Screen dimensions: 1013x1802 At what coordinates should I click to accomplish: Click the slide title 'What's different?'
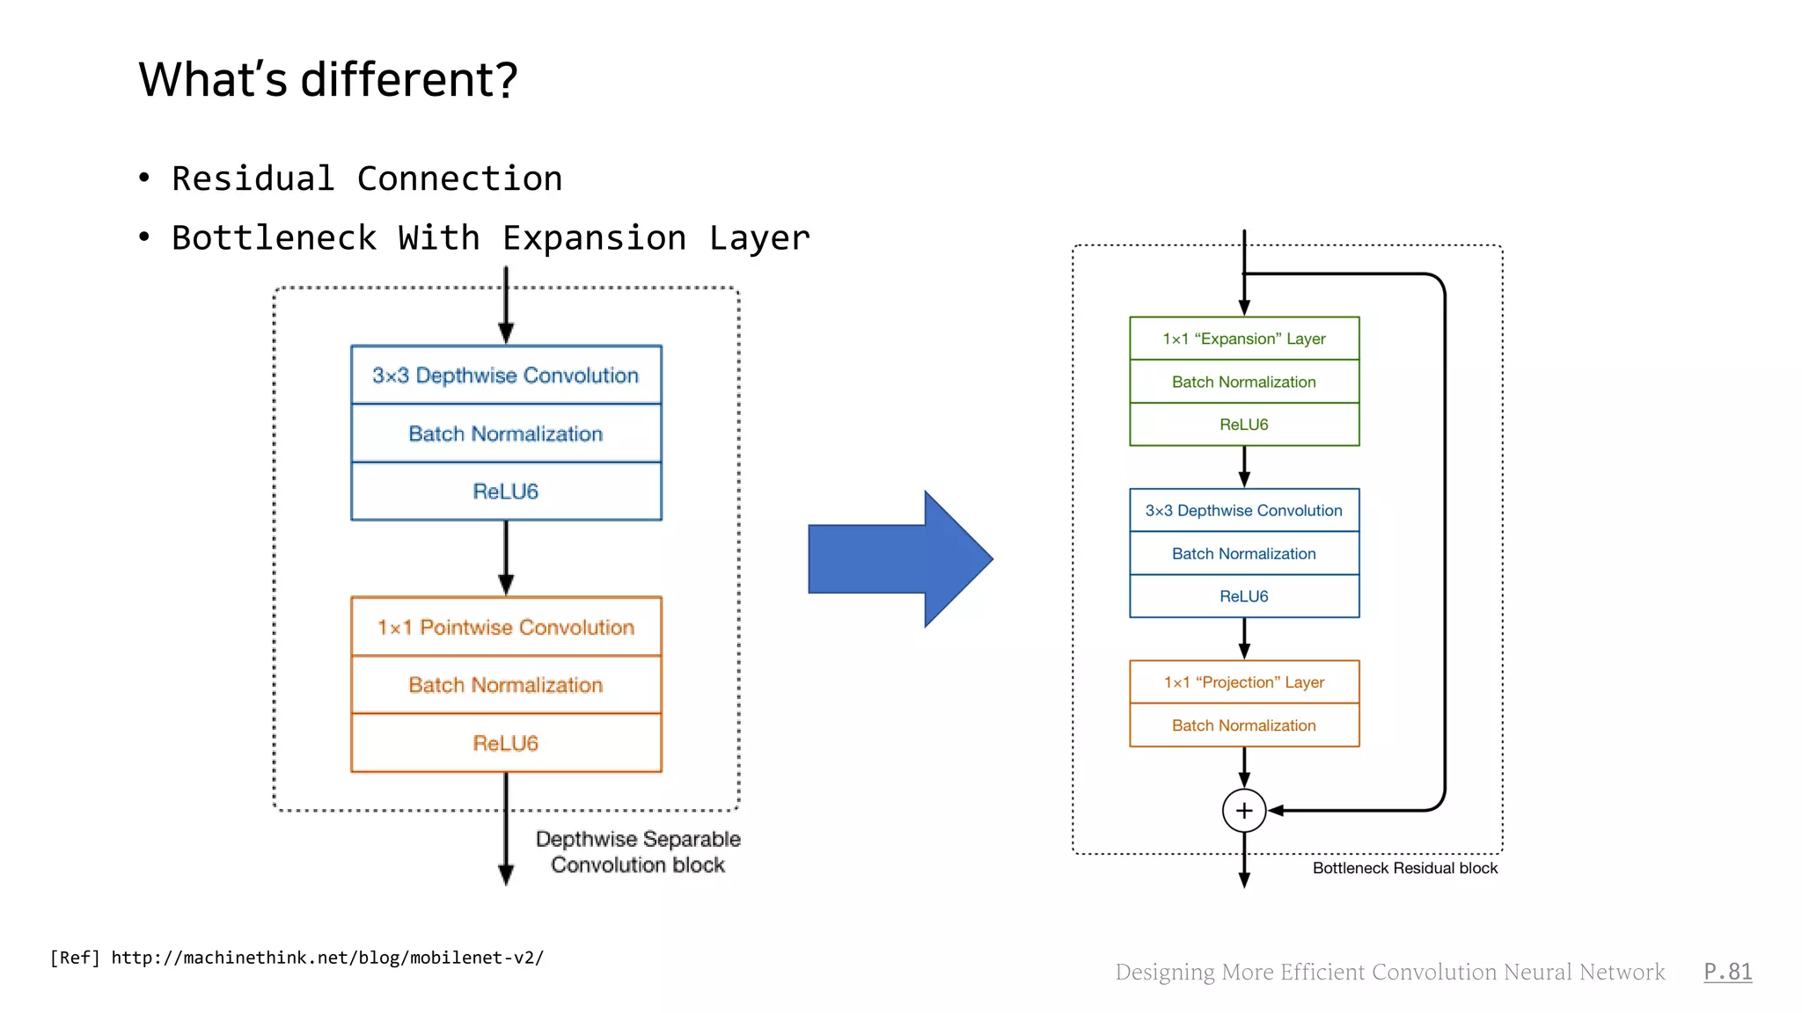pyautogui.click(x=327, y=79)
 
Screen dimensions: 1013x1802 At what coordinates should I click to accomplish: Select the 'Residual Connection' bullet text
pyautogui.click(x=367, y=179)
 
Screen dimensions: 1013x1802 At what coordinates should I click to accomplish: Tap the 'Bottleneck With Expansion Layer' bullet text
pyautogui.click(x=490, y=238)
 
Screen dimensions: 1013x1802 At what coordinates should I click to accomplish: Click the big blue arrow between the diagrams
pyautogui.click(x=899, y=559)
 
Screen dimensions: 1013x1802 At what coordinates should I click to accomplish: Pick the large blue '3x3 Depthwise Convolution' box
pyautogui.click(x=506, y=375)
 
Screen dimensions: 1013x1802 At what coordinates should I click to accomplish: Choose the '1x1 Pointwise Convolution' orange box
pyautogui.click(x=506, y=627)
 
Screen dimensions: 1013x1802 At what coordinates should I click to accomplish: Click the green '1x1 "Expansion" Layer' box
pyautogui.click(x=1243, y=339)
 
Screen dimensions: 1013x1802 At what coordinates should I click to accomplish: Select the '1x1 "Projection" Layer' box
pyautogui.click(x=1243, y=682)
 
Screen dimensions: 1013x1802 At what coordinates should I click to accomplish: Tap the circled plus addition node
pyautogui.click(x=1243, y=810)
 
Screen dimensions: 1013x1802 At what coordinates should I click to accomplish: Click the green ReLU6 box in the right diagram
pyautogui.click(x=1243, y=425)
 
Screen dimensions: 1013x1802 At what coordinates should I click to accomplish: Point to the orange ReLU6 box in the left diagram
pyautogui.click(x=506, y=743)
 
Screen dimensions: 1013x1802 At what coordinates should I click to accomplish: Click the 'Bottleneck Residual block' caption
pyautogui.click(x=1404, y=869)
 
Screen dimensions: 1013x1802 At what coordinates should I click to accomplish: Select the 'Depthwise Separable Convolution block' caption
pyautogui.click(x=638, y=852)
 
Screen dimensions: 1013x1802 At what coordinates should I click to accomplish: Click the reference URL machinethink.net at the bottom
pyautogui.click(x=327, y=958)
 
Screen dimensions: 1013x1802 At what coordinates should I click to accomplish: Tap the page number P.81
pyautogui.click(x=1727, y=972)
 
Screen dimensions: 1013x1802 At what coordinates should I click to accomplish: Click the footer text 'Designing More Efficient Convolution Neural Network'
pyautogui.click(x=1389, y=972)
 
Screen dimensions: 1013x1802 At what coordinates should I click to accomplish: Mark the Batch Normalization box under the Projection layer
pyautogui.click(x=1243, y=725)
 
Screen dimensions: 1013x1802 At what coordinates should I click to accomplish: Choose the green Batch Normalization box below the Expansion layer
pyautogui.click(x=1243, y=382)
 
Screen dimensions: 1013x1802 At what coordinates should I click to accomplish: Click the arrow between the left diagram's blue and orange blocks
pyautogui.click(x=506, y=558)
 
